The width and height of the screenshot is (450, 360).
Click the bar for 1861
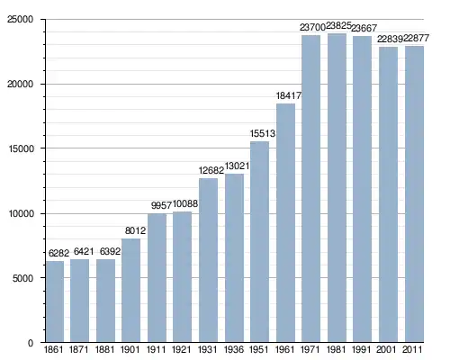click(x=55, y=301)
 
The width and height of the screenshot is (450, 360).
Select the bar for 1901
click(x=130, y=291)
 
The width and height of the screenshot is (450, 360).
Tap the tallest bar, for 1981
click(x=337, y=188)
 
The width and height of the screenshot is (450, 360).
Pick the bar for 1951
click(x=259, y=242)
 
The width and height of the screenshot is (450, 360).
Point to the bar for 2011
click(x=414, y=194)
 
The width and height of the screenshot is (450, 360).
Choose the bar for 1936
click(x=234, y=258)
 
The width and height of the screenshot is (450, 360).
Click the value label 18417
click(x=289, y=95)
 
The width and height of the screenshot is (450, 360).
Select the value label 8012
click(x=135, y=230)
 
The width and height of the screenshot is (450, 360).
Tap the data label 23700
click(x=312, y=27)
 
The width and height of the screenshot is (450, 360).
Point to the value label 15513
click(x=263, y=133)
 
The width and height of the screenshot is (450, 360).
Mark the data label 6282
click(x=58, y=253)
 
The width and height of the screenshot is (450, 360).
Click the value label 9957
click(x=161, y=205)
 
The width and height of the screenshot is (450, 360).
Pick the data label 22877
click(x=416, y=38)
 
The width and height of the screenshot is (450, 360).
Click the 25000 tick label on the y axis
click(x=20, y=20)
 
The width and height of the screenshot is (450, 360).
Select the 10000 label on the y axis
click(x=20, y=214)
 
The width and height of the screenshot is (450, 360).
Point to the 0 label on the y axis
click(x=31, y=343)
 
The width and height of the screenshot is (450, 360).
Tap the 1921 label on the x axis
click(x=182, y=350)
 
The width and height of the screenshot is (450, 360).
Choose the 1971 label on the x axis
click(x=310, y=350)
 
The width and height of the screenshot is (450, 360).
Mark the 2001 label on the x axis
click(x=388, y=350)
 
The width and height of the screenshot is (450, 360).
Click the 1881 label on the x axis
click(x=105, y=350)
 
